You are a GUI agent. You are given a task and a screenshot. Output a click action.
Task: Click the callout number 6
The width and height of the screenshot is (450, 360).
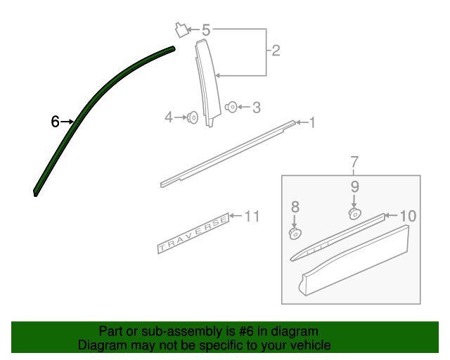click(55, 122)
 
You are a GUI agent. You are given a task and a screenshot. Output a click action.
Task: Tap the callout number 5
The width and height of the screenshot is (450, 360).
click(206, 30)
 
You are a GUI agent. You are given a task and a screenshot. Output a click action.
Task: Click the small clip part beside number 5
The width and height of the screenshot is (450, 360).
click(181, 30)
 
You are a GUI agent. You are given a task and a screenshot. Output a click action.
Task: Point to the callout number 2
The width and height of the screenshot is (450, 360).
click(276, 51)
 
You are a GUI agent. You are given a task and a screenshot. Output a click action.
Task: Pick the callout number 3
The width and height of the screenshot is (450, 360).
click(257, 108)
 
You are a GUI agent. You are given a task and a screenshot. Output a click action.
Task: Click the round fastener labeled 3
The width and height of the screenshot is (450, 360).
click(231, 107)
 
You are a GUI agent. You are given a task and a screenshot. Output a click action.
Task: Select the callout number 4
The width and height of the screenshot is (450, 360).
click(169, 117)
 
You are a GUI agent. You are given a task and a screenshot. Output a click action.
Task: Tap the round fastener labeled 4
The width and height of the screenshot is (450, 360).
click(193, 117)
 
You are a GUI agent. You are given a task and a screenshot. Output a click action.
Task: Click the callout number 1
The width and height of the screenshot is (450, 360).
click(312, 123)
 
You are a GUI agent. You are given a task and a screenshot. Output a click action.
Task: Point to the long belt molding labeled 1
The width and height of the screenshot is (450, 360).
click(228, 154)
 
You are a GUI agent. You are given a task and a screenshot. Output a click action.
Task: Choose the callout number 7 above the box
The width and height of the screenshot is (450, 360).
click(354, 162)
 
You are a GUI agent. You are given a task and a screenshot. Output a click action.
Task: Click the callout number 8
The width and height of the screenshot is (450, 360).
click(295, 207)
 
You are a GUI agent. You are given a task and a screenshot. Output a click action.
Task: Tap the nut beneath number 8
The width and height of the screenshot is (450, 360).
click(295, 233)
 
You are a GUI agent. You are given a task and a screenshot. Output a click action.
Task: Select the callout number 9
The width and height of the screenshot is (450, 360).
click(354, 187)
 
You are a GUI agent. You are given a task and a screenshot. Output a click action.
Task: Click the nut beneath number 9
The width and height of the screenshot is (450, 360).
click(354, 214)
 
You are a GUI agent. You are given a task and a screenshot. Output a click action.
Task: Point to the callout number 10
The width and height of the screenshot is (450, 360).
click(408, 216)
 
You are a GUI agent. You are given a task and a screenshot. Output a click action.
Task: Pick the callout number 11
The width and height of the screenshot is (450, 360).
click(252, 216)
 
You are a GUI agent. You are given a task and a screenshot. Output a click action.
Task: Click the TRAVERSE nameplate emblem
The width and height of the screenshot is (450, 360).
click(193, 233)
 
